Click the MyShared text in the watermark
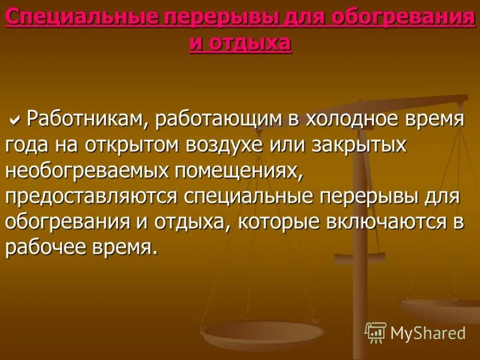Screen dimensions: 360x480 428,332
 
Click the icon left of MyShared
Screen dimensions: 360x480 375,332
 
